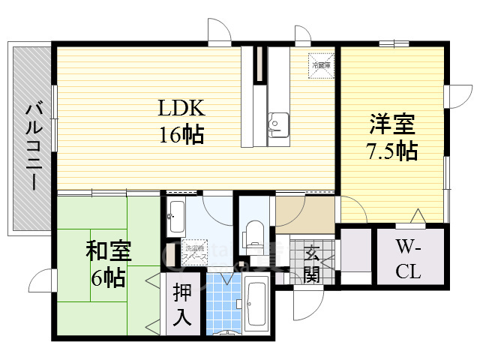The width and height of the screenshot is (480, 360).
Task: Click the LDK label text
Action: (181, 109)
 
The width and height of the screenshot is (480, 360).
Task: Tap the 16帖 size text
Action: (181, 135)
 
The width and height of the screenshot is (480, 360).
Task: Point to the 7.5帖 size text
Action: (391, 151)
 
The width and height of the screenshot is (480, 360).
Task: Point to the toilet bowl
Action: (254, 234)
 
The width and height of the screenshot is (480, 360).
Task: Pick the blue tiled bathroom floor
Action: (223, 304)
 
